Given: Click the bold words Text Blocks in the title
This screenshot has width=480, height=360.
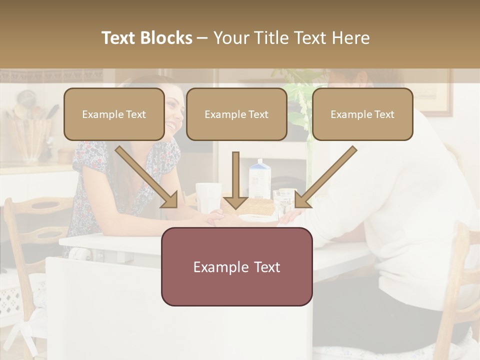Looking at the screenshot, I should [x=147, y=38].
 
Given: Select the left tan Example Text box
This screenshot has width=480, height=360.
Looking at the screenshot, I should [x=114, y=114].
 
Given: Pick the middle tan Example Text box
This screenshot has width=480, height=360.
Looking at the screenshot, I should [x=236, y=114].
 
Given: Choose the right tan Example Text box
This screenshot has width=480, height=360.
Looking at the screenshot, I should [x=362, y=114].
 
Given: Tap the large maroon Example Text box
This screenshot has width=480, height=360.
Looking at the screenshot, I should [x=236, y=266].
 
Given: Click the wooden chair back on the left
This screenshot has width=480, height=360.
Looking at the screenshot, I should [x=35, y=220].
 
